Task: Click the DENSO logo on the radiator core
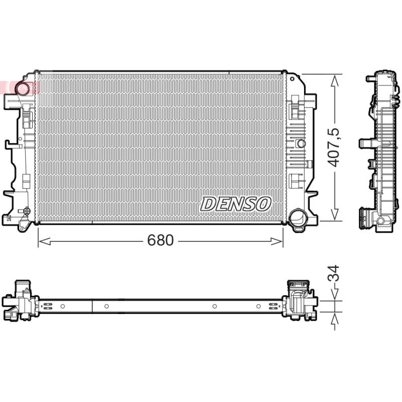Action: tap(236, 204)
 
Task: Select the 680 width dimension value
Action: tap(160, 240)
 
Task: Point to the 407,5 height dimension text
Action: tap(334, 147)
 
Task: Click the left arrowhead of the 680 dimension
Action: tap(44, 241)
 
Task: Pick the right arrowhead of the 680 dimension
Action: tap(277, 241)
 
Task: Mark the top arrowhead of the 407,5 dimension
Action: tap(335, 80)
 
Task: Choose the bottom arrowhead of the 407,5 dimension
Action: tap(335, 215)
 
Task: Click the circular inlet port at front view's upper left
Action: tap(22, 87)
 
